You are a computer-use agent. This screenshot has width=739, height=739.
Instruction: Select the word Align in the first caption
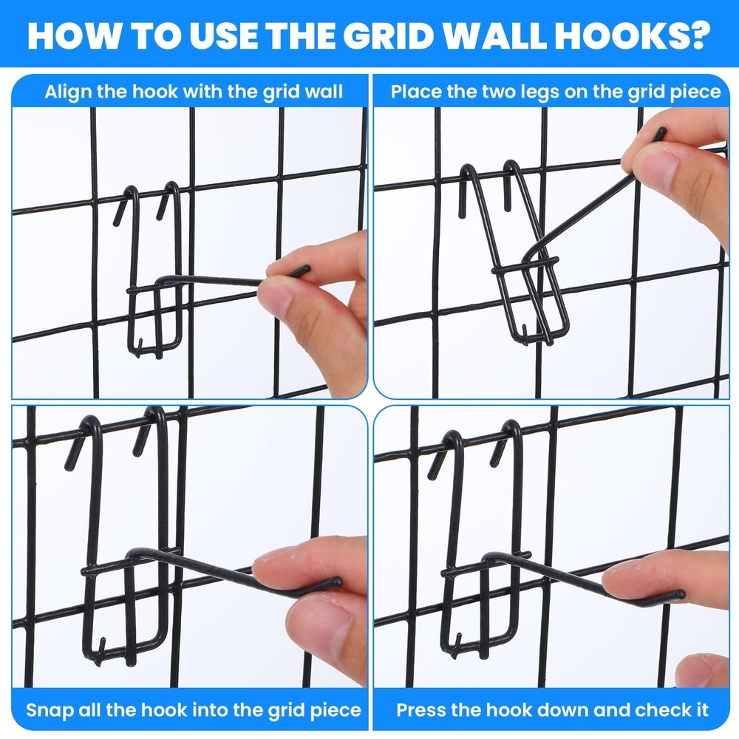point(68,92)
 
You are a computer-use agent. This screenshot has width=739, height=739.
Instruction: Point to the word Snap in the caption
point(48,710)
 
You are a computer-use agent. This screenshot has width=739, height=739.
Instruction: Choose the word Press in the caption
point(420,710)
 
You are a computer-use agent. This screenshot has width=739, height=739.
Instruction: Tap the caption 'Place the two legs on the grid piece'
point(556,92)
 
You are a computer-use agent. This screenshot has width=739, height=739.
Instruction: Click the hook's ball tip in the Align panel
point(303,271)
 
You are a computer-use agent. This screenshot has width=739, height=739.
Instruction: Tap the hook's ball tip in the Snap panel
point(338,582)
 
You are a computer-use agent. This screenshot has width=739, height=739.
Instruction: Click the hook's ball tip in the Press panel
point(679,593)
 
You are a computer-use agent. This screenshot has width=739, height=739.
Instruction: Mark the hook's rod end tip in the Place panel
point(661,133)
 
